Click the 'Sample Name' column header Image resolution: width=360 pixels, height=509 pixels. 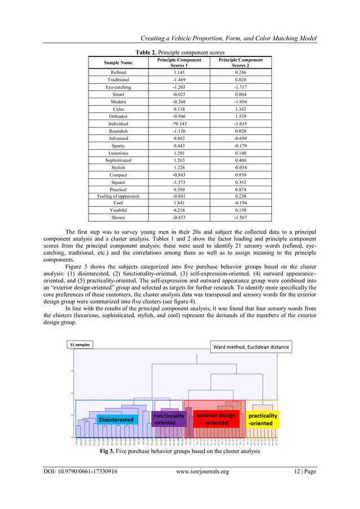(118, 63)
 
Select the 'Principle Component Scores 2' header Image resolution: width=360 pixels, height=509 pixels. (240, 63)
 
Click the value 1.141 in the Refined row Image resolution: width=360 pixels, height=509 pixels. (179, 72)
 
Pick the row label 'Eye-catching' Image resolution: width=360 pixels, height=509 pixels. (118, 87)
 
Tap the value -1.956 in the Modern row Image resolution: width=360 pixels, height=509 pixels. (240, 102)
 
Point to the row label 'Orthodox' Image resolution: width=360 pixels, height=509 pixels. (118, 116)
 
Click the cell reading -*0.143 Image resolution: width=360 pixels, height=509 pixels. (179, 124)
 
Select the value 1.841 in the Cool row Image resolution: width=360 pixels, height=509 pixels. (179, 203)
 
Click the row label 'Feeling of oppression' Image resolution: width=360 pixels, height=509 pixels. (118, 196)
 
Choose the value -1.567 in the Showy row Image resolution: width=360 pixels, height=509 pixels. (240, 218)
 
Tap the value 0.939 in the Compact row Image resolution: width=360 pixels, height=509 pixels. (240, 174)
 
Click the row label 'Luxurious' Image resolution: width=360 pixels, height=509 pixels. (118, 153)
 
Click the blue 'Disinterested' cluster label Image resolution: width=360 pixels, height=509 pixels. (116, 419)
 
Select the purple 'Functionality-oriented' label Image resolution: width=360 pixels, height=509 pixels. (168, 419)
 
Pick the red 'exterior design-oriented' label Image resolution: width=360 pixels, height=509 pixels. (216, 419)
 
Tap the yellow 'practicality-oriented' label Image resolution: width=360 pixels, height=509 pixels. (263, 419)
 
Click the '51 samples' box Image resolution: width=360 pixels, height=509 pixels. (80, 344)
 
